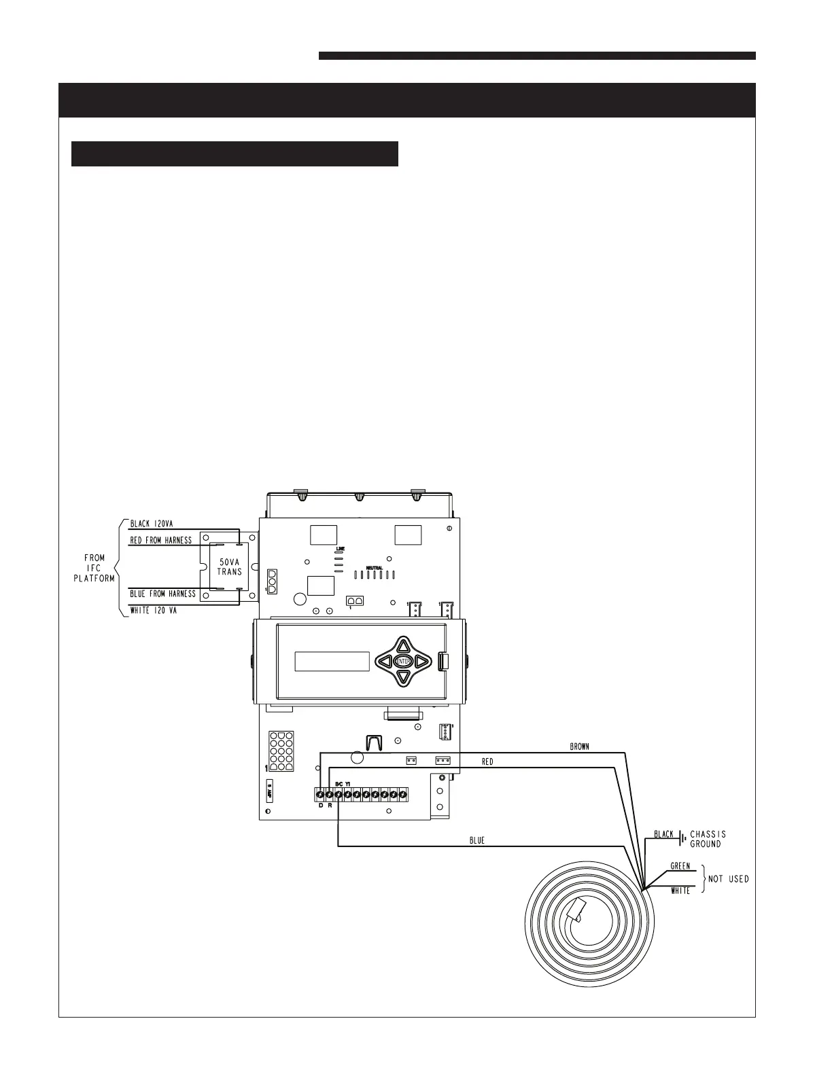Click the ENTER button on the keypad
pos(403,661)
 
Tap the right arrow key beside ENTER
pos(421,661)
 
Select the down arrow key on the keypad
pos(403,677)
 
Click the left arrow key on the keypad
pos(385,661)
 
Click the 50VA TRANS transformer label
pos(229,567)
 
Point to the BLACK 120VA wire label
pos(152,523)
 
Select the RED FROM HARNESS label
pos(161,540)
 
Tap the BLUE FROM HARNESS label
pos(162,594)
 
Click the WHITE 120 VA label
pos(154,611)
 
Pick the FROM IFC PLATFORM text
pos(94,568)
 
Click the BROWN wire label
pos(579,747)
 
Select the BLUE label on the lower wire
pos(477,840)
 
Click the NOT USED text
pos(728,878)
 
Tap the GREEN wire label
pos(680,866)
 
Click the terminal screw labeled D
pos(320,794)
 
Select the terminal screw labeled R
pos(329,794)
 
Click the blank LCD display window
pos(332,662)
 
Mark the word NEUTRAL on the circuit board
pos(375,568)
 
